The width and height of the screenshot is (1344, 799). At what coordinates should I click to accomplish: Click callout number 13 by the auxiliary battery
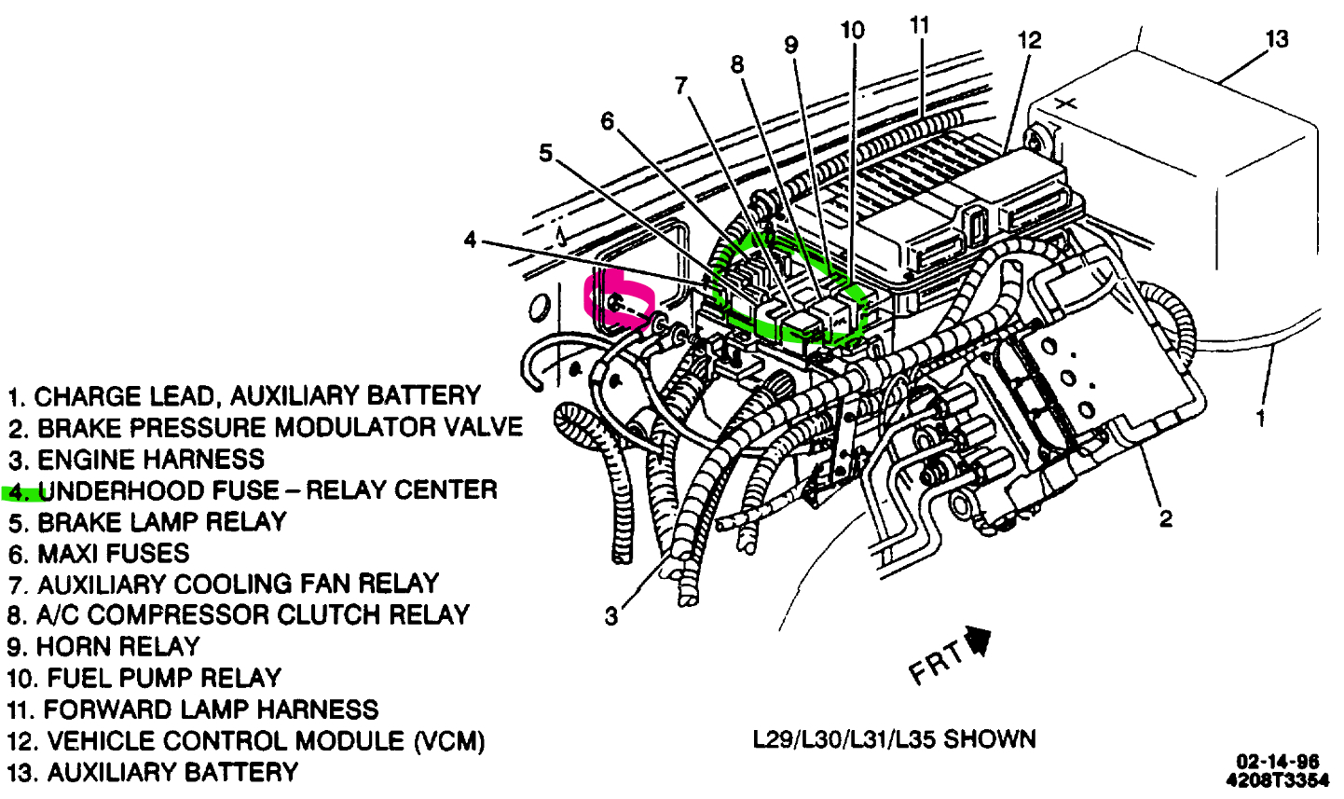(1276, 39)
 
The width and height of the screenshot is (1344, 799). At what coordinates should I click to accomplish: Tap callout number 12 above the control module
(1028, 40)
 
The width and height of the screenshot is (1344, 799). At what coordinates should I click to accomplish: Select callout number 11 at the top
(920, 25)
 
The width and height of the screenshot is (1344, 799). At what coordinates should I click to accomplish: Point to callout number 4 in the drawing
(471, 241)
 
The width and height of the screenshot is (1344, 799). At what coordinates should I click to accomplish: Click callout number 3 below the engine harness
(610, 616)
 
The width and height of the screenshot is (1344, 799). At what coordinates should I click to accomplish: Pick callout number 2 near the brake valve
(1166, 519)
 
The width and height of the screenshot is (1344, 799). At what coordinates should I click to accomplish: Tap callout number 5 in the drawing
(545, 153)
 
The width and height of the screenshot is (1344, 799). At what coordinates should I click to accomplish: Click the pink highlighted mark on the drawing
(617, 301)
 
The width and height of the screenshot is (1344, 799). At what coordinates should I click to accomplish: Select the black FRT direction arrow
(979, 642)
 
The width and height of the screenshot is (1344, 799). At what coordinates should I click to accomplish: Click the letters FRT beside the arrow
(937, 664)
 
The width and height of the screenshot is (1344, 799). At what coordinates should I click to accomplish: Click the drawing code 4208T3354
(1277, 779)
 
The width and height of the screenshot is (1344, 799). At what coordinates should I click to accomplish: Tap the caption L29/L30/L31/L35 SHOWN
(894, 740)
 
